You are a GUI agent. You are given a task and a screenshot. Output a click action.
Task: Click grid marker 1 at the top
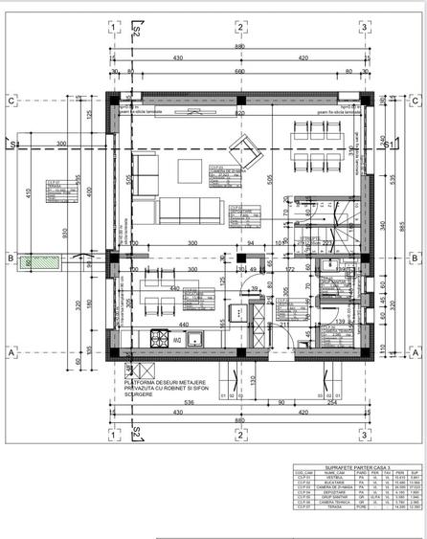coord(114,27)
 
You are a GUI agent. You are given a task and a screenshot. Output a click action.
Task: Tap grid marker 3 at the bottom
coord(363,434)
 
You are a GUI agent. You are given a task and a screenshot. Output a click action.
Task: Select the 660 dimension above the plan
coord(240,71)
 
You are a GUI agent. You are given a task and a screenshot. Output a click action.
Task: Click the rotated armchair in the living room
coord(243,148)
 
